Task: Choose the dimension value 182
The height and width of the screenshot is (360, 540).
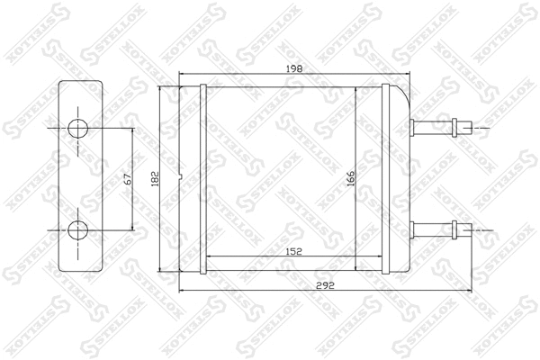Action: pyautogui.click(x=154, y=179)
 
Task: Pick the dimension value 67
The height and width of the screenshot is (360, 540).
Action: pyautogui.click(x=127, y=179)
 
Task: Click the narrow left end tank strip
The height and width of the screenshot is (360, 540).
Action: pyautogui.click(x=202, y=180)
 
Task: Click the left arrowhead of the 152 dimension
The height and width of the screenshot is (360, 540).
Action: pyautogui.click(x=208, y=256)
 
